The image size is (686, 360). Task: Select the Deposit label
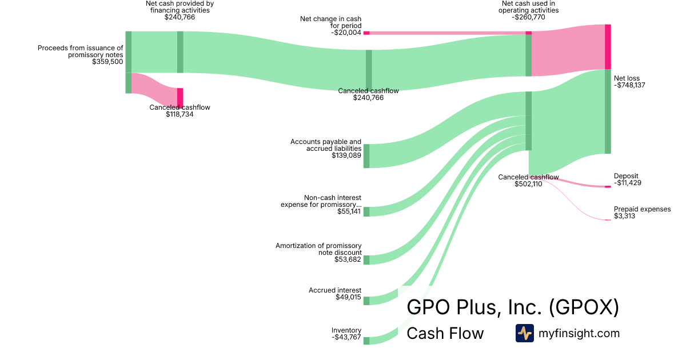[626, 176]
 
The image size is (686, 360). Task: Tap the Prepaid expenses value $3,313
[624, 216]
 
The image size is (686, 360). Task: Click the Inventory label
[346, 330]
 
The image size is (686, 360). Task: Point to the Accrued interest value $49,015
[348, 297]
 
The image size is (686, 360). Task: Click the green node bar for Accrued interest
[366, 301]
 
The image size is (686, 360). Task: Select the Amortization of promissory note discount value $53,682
[348, 259]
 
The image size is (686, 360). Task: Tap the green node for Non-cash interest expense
[366, 211]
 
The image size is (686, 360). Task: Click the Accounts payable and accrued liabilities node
[366, 156]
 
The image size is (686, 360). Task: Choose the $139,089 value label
[346, 155]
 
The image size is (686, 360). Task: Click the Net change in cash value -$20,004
[346, 33]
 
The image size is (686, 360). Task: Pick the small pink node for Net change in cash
[366, 33]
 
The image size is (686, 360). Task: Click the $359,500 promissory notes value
[107, 62]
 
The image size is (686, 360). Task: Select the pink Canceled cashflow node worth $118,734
[180, 97]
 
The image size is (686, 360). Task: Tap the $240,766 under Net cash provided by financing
[180, 17]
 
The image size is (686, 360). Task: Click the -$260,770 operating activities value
[529, 17]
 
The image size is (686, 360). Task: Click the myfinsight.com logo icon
[524, 333]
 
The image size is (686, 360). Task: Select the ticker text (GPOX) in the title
[584, 307]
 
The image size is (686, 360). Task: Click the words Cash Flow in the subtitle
[445, 333]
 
